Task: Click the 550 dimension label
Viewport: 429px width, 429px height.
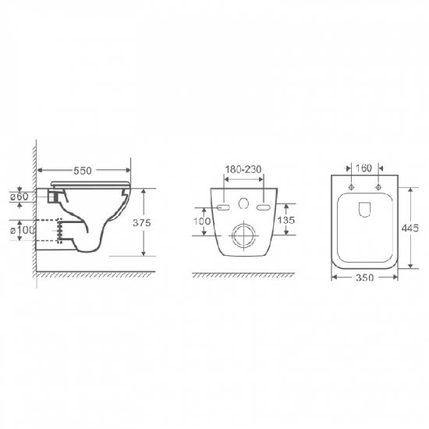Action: click(x=83, y=171)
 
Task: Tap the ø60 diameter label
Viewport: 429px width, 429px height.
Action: click(x=19, y=196)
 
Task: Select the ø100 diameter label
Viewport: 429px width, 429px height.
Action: click(x=22, y=230)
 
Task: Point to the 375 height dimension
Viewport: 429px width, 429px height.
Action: click(x=142, y=223)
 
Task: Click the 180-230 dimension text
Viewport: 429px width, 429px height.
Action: click(x=243, y=169)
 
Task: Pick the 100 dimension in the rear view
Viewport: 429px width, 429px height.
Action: click(x=202, y=221)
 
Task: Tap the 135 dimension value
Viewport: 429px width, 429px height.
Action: click(x=286, y=220)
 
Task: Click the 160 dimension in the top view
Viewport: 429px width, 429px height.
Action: click(x=363, y=168)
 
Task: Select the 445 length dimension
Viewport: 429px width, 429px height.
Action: click(x=409, y=228)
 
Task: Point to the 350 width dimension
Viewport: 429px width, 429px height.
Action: click(x=364, y=278)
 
